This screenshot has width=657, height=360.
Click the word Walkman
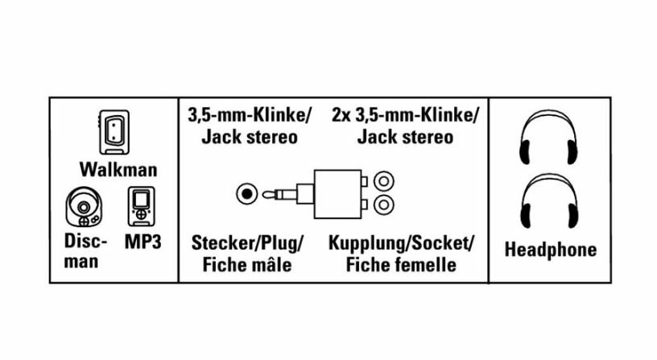pos(118,170)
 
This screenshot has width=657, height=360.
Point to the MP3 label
pos(143,241)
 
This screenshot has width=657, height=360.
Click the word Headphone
pos(550,250)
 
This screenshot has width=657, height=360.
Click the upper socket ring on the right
pos(385,182)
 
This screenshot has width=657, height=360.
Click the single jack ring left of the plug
pos(246,193)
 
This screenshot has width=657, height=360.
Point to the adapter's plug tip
pos(272,193)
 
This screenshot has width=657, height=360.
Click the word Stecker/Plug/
pos(247,242)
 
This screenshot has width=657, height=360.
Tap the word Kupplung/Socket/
pos(401,242)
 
